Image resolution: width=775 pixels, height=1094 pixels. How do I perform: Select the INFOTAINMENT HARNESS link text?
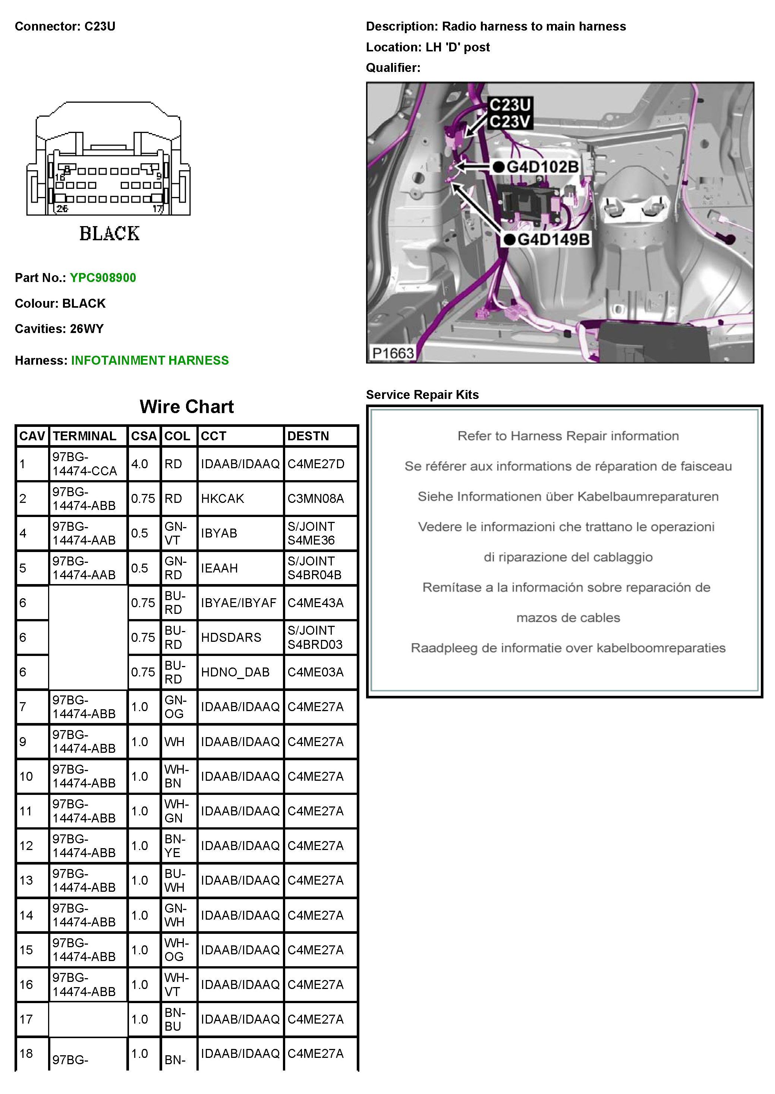click(150, 360)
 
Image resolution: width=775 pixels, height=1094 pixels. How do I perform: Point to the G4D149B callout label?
click(554, 240)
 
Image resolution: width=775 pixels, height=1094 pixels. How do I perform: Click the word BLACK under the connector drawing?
click(109, 234)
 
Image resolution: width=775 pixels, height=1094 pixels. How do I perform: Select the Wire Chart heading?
click(187, 406)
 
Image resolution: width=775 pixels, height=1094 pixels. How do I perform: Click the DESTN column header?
click(308, 436)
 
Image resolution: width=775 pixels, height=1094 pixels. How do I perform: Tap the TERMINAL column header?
click(85, 436)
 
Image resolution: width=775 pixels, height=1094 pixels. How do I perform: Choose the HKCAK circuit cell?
click(223, 498)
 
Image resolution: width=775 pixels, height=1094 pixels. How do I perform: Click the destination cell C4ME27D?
click(316, 464)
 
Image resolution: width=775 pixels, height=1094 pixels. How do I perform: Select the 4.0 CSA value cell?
click(140, 464)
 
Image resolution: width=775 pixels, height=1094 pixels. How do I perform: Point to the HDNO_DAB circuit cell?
click(235, 672)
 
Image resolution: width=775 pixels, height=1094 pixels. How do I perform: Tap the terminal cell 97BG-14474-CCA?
click(85, 464)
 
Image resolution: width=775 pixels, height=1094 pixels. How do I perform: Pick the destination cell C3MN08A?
click(315, 498)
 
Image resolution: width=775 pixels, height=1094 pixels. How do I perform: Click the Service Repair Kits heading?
click(422, 394)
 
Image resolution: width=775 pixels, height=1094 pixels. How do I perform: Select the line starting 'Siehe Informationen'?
click(568, 497)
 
